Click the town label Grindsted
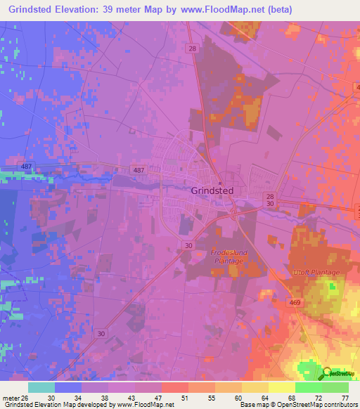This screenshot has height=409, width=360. coord(212,190)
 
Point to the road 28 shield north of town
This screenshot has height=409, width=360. coord(192,48)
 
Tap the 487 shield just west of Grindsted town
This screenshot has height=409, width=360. coord(139,170)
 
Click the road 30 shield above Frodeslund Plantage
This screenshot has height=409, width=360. coord(188,245)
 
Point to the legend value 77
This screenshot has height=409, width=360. coord(344,397)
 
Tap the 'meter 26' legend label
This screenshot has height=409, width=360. coord(15,397)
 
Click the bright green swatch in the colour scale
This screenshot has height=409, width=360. coord(308,387)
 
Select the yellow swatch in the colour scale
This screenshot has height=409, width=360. coord(281,387)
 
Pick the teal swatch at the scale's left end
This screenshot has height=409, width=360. coord(41,387)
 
